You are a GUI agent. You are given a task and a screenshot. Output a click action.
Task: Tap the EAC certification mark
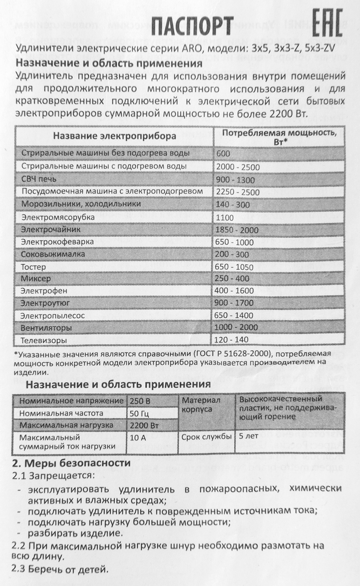(x=327, y=24)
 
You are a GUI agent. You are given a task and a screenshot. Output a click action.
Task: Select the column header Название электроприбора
(x=114, y=136)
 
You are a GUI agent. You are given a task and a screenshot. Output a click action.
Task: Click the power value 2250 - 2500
(x=236, y=192)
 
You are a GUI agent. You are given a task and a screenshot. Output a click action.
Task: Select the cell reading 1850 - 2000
(x=236, y=230)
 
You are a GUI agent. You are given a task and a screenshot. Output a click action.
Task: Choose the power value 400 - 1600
(x=236, y=290)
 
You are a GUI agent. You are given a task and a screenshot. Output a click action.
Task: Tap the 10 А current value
(x=138, y=437)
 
